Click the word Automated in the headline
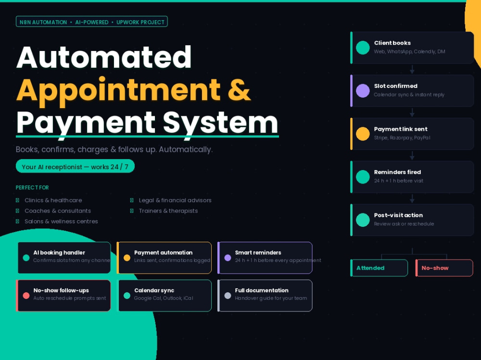104,57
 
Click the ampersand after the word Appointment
239,89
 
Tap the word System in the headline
220,123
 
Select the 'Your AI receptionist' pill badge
75,166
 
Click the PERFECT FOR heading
32,187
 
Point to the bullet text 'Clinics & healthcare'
53,200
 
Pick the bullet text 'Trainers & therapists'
168,211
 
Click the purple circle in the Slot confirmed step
363,91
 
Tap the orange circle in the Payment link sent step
363,134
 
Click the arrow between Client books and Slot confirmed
412,69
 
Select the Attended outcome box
379,268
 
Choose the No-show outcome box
444,268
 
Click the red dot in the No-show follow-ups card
26,296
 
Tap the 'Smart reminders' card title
258,253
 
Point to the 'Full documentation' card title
262,290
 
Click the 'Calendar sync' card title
154,290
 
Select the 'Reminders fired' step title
397,172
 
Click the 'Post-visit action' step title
398,215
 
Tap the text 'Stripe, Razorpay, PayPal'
402,137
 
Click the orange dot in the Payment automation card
127,258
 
